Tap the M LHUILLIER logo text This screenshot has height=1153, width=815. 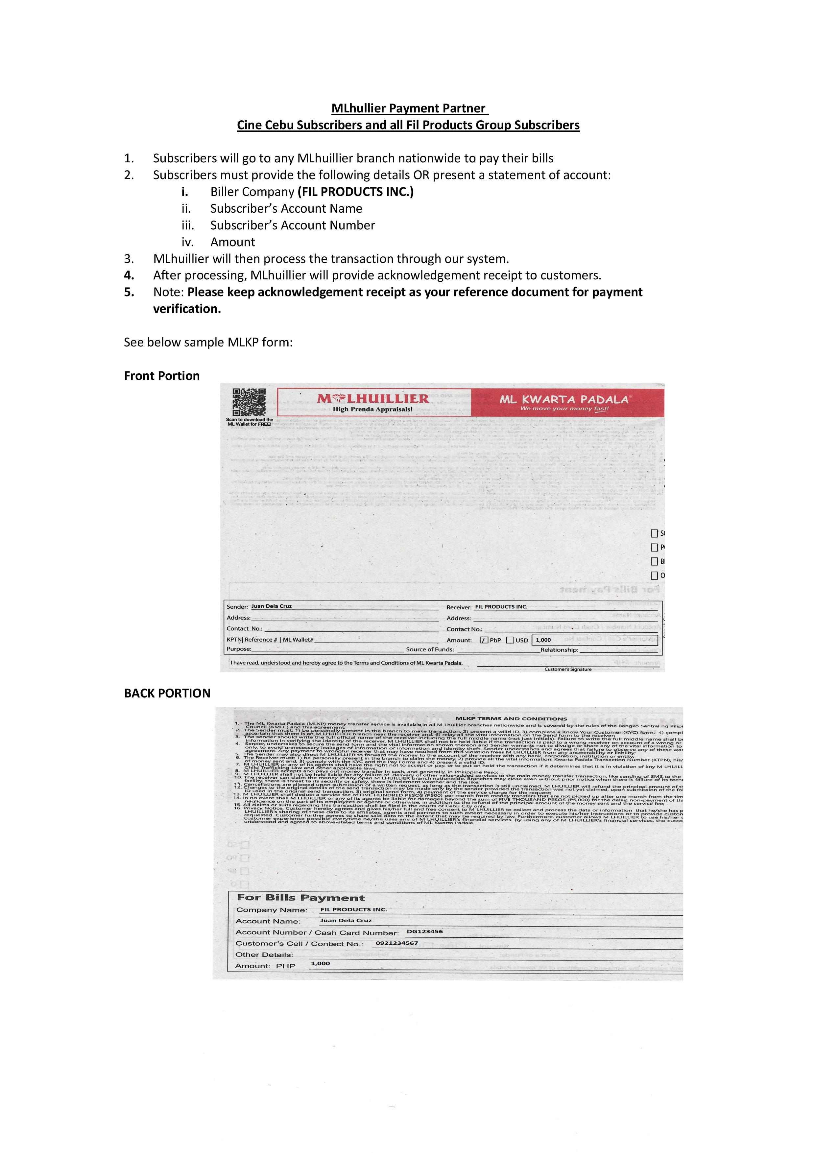click(373, 399)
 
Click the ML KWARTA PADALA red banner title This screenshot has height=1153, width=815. click(563, 400)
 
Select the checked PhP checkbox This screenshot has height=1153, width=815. click(484, 640)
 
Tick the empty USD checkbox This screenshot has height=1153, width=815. click(510, 640)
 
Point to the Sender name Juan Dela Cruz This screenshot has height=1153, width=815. click(271, 606)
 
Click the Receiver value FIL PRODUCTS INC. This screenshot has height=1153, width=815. click(501, 607)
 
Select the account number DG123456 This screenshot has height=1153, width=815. click(425, 931)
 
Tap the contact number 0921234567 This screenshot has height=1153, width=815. click(397, 943)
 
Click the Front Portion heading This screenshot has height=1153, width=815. click(162, 376)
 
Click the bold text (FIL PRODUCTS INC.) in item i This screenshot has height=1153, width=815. click(355, 192)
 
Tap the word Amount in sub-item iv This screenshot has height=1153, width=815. click(232, 242)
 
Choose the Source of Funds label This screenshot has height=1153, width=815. click(430, 649)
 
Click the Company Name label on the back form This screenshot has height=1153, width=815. click(272, 910)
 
